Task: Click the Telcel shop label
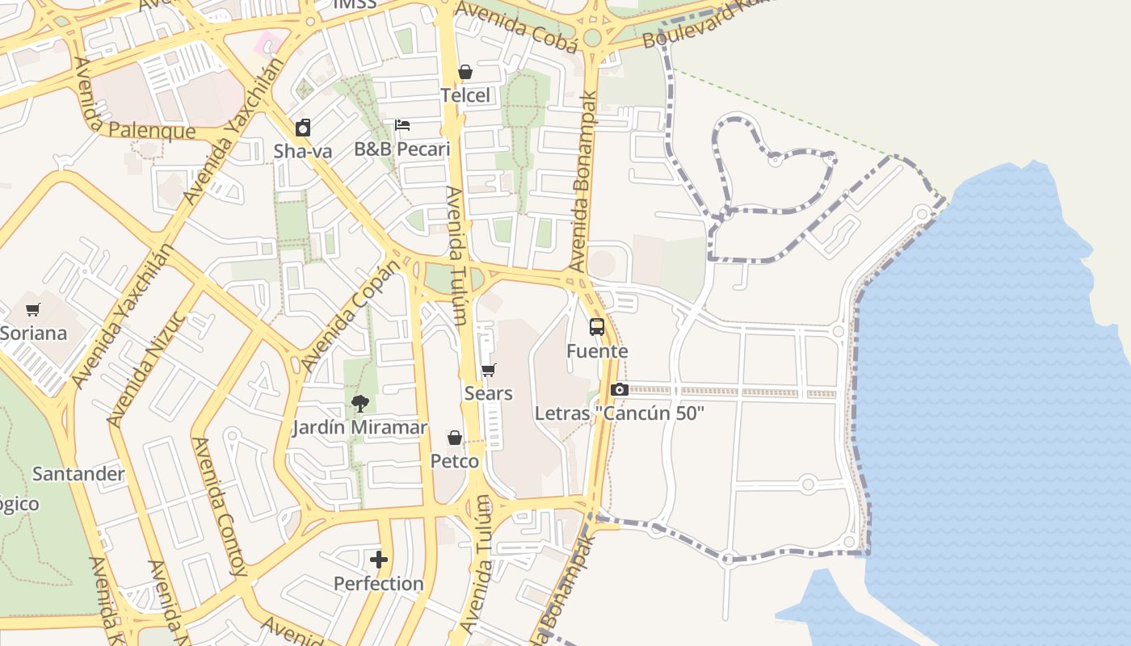pos(465,95)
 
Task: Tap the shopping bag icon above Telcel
pos(465,72)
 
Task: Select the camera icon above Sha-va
pos(303,128)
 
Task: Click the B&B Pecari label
pos(402,149)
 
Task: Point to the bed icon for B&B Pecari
pos(402,125)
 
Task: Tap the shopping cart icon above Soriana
pos(33,309)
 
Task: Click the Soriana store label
pos(33,333)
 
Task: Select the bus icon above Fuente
pos(597,327)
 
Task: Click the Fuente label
pos(597,351)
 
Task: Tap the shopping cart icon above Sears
pos(488,370)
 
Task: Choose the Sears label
pos(488,393)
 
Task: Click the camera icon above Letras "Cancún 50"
pos(620,390)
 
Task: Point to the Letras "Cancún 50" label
pos(620,413)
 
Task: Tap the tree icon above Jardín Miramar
pos(360,404)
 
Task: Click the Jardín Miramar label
pos(360,427)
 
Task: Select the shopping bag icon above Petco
pos(455,438)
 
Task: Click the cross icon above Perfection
pos(379,560)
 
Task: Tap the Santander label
pos(78,474)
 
